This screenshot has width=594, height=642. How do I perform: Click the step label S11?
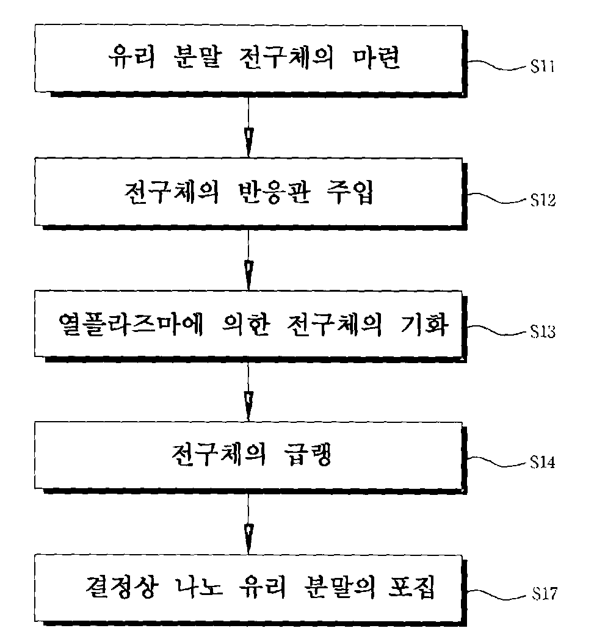pos(542,67)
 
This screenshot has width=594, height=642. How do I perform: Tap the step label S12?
pos(543,200)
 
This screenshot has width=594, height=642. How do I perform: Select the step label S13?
pos(543,331)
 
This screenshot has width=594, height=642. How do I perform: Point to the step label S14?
pos(543,462)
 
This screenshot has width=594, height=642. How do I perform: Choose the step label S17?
pos(545,593)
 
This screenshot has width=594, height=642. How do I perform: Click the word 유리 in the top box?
pos(131,57)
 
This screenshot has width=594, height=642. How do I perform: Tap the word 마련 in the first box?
pos(375,57)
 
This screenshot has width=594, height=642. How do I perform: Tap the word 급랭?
pos(307,455)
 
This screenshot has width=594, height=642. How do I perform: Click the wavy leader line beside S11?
pos(497,65)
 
